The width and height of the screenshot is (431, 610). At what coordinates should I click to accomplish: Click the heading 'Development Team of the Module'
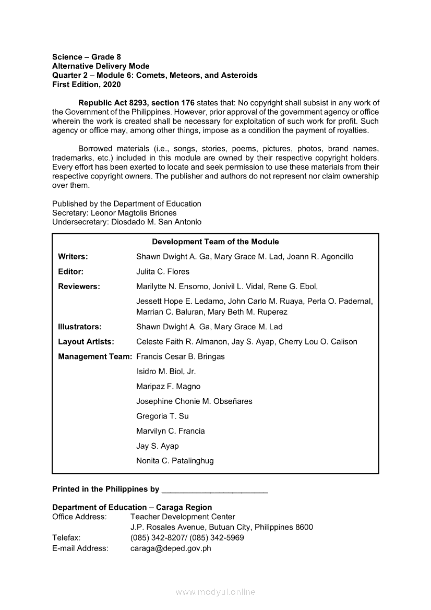[x=215, y=242]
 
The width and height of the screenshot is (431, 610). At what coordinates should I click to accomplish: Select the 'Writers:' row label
[x=73, y=257]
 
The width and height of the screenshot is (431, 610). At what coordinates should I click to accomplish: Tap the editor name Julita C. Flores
[x=163, y=271]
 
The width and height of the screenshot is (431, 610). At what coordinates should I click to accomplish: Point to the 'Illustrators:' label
[x=80, y=327]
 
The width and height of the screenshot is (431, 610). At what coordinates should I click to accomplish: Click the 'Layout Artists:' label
[x=86, y=342]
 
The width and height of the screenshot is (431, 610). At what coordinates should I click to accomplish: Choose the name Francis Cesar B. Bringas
[x=181, y=356]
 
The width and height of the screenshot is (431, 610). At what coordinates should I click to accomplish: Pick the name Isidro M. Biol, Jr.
[x=166, y=372]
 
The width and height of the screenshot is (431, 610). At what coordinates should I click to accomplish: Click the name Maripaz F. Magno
[x=168, y=387]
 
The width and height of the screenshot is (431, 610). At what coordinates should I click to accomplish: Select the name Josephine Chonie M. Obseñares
[x=194, y=401]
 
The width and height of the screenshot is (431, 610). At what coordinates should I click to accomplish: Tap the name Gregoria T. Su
[x=162, y=416]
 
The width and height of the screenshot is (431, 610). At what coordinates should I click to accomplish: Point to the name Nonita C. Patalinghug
[x=175, y=461]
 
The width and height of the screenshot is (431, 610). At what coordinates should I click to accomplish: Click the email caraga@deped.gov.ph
[x=171, y=548]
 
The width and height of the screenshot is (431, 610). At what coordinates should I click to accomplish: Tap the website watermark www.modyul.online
[x=215, y=592]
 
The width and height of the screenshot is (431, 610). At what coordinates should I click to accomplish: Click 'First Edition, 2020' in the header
[x=86, y=85]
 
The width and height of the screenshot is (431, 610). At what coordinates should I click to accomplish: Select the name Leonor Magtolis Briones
[x=134, y=213]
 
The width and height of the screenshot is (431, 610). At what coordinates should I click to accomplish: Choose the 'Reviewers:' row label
[x=79, y=286]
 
